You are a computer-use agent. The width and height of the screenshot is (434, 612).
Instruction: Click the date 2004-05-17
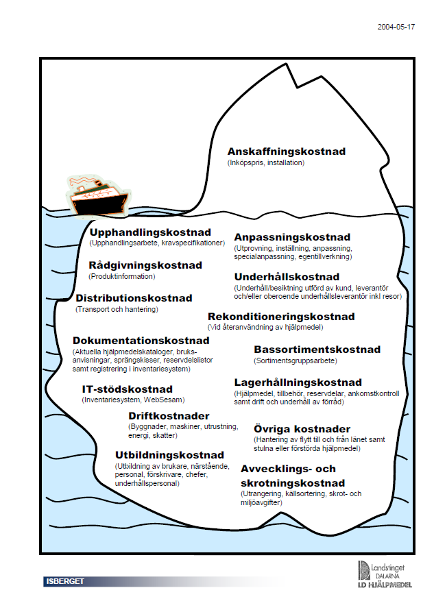(396, 27)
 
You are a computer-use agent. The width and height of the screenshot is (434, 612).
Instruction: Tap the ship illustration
(99, 197)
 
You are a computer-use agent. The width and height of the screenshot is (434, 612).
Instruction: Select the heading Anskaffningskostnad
(287, 151)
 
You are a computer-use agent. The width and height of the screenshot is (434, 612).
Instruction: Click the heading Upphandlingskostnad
(150, 232)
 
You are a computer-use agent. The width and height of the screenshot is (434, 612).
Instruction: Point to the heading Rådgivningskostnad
(145, 265)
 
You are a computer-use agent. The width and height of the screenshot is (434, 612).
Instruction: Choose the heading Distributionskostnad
(134, 298)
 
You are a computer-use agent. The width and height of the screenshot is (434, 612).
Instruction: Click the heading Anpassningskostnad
(292, 237)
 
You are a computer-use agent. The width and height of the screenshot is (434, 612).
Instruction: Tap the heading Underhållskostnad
(287, 277)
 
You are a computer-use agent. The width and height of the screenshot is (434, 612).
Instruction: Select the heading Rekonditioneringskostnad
(281, 317)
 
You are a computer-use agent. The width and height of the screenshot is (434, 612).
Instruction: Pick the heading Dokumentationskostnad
(141, 341)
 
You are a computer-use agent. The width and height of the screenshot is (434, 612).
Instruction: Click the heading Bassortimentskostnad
(317, 350)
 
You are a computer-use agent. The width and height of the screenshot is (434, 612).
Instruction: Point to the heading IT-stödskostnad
(128, 389)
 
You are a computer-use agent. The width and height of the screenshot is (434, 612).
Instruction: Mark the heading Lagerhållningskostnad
(298, 382)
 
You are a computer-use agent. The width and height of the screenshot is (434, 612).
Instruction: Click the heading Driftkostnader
(169, 416)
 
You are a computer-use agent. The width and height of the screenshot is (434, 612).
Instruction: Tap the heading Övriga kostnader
(302, 429)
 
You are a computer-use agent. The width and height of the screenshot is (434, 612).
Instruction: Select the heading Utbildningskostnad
(169, 455)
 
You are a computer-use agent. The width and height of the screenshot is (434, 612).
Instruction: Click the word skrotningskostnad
(293, 483)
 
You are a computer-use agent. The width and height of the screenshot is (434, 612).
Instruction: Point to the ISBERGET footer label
(65, 581)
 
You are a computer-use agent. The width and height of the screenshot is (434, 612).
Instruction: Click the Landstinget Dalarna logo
(385, 574)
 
